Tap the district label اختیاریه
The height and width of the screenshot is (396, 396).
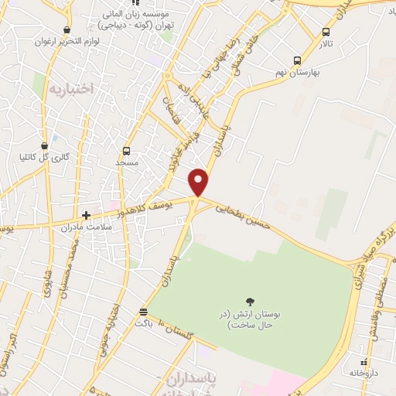[71, 89]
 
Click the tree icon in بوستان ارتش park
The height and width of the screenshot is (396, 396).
[249, 301]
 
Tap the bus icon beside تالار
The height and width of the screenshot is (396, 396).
[326, 32]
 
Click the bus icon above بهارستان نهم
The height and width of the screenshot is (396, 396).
[297, 60]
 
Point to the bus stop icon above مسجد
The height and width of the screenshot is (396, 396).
[126, 152]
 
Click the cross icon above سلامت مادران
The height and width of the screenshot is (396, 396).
[86, 215]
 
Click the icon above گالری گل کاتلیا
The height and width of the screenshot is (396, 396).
[44, 145]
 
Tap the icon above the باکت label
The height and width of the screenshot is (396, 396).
[142, 312]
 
